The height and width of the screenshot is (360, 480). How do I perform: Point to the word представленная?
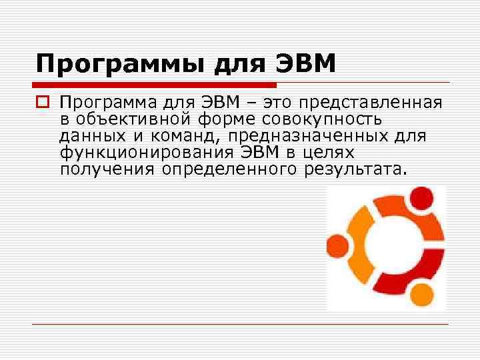[x=371, y=103]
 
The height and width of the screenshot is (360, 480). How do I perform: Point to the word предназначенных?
[x=317, y=136]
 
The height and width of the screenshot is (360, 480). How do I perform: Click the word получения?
[x=107, y=169]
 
